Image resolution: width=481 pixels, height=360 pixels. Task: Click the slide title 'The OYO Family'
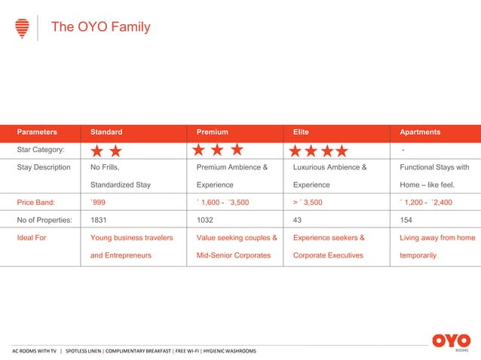coord(100,27)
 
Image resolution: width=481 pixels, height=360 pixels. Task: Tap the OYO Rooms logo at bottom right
coord(451,342)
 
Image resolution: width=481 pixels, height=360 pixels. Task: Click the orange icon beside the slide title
coord(23,28)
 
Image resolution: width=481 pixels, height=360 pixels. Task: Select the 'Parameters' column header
coord(38,132)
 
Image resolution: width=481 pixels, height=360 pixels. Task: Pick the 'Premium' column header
coord(212,132)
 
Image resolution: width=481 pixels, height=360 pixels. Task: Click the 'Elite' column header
coord(301,132)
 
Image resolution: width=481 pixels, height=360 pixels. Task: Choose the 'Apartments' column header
coord(420,132)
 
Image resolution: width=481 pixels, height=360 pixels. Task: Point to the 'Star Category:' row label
coord(41,150)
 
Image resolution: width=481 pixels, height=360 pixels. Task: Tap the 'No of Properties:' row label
coord(44,220)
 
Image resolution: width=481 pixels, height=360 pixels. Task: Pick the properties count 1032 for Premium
coord(205,220)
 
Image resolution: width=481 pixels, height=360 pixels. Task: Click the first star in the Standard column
coord(97,151)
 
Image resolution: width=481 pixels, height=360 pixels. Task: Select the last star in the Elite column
coord(341,151)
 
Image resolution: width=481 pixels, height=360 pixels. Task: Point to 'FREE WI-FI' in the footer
coord(187,351)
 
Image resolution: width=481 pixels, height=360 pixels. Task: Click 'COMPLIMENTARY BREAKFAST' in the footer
coord(137,351)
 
